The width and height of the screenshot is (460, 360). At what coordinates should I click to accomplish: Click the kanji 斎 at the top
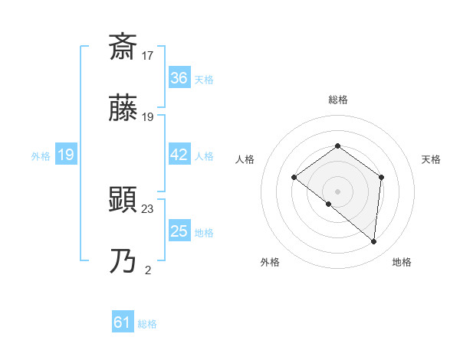point(123,47)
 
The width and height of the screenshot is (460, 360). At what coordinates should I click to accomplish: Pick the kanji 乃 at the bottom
point(123,263)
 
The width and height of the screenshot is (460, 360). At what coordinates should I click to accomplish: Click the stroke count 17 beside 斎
point(148,55)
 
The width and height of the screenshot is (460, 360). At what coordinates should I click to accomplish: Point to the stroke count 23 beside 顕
point(148,208)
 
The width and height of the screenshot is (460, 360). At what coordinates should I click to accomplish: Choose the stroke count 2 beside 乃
point(148,270)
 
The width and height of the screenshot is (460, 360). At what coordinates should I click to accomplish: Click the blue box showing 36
point(179,78)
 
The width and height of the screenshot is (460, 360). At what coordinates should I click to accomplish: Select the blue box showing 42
point(179,155)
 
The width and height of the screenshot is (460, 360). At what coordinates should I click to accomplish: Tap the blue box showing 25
point(179,231)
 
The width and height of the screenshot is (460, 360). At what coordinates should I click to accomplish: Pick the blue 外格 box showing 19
point(65,155)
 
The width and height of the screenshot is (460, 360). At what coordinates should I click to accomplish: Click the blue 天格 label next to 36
point(204,80)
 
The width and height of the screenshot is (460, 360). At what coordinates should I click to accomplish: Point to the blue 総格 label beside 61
point(147,324)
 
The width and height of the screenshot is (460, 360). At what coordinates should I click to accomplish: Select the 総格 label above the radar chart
point(337,100)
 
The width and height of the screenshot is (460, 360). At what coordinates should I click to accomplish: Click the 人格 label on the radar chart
point(245,159)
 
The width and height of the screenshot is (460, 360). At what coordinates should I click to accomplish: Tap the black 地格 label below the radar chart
point(402,263)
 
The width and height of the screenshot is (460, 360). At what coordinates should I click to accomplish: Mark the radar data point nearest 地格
point(374,242)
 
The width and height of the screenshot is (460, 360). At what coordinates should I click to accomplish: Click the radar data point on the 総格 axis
point(337,146)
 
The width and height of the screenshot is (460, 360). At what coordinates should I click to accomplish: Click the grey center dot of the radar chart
point(337,191)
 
